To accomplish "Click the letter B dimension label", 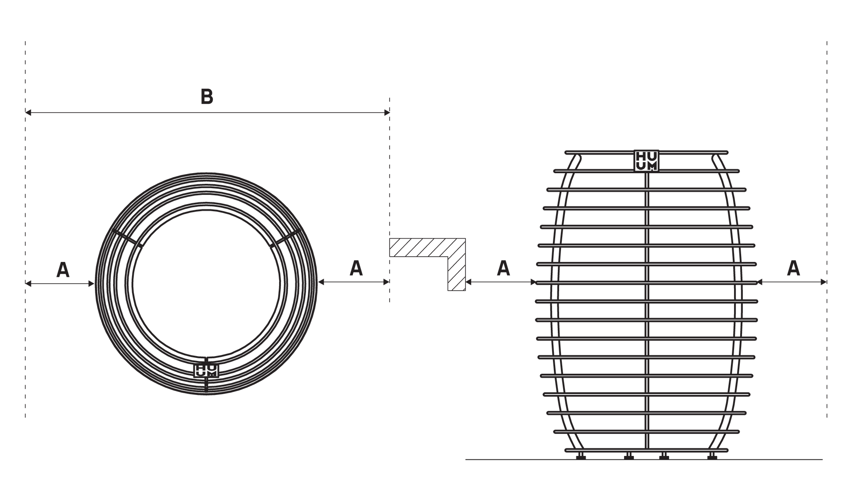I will point(206,97).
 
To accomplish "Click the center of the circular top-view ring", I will point(206,284).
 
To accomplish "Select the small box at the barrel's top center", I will point(647,160).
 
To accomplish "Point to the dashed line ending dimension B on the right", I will point(389,177).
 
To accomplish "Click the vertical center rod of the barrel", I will point(648,309).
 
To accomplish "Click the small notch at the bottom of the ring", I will point(206,368).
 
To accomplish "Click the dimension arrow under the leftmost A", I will point(60,284).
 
